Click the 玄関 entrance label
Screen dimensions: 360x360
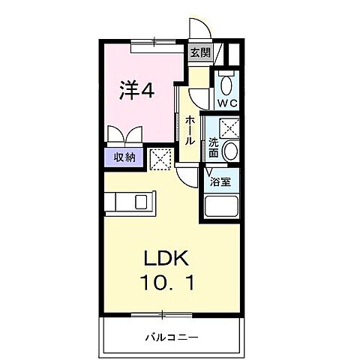pyautogui.click(x=198, y=52)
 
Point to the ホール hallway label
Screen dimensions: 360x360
pyautogui.click(x=190, y=130)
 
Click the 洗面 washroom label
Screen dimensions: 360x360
pyautogui.click(x=214, y=146)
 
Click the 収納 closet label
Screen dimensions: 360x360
pyautogui.click(x=124, y=157)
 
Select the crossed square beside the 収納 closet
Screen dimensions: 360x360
pyautogui.click(x=160, y=157)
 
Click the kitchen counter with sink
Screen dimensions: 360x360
pyautogui.click(x=129, y=202)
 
